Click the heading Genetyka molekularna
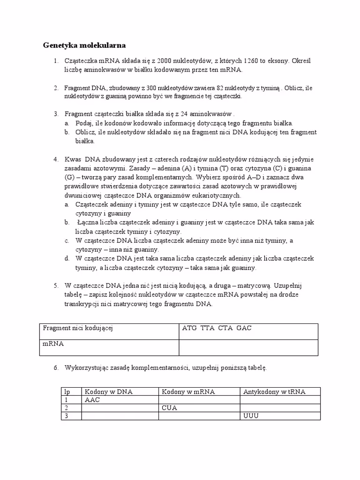[84, 46]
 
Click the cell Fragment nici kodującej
[78, 328]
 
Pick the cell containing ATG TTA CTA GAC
[217, 328]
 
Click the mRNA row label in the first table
[53, 344]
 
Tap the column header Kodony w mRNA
[188, 392]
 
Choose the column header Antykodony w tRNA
[274, 392]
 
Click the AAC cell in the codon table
[92, 400]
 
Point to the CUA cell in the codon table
[169, 408]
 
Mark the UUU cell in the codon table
[251, 416]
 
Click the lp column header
[67, 392]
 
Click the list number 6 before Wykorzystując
[55, 368]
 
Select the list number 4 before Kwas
[55, 159]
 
